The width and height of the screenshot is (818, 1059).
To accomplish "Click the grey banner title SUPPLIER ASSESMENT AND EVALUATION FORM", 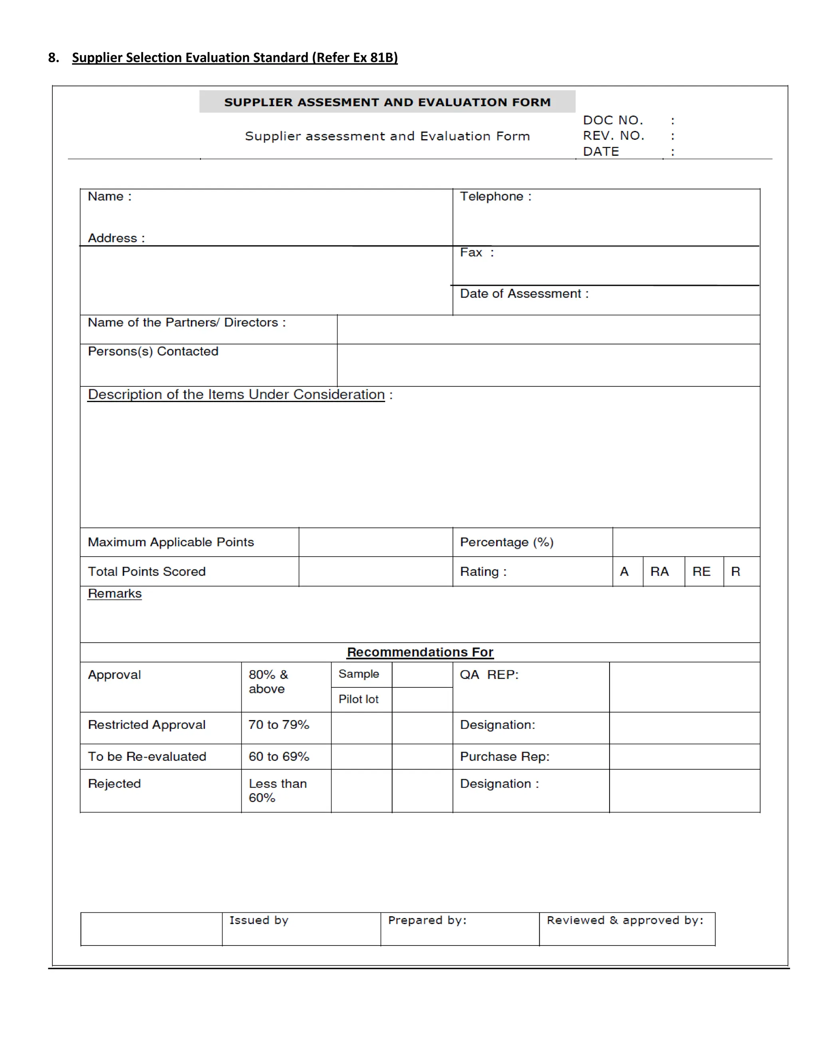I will (387, 102).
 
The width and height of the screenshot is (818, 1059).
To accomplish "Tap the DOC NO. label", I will (613, 120).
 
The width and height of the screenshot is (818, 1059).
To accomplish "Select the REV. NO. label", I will (613, 136).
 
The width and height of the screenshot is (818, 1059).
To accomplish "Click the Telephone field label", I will (495, 196).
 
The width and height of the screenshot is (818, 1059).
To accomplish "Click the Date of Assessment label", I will (524, 293).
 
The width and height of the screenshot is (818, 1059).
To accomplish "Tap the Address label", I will (116, 238).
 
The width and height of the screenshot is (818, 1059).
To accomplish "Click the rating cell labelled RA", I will (659, 572).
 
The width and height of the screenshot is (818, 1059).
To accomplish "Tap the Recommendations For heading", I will (420, 652).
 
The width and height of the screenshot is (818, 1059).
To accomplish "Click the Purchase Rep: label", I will (504, 756).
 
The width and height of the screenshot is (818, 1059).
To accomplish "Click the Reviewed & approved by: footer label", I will (625, 920).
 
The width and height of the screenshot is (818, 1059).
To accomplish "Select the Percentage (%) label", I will (506, 542).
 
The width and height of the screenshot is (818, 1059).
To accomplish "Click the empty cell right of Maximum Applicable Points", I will (375, 542).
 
